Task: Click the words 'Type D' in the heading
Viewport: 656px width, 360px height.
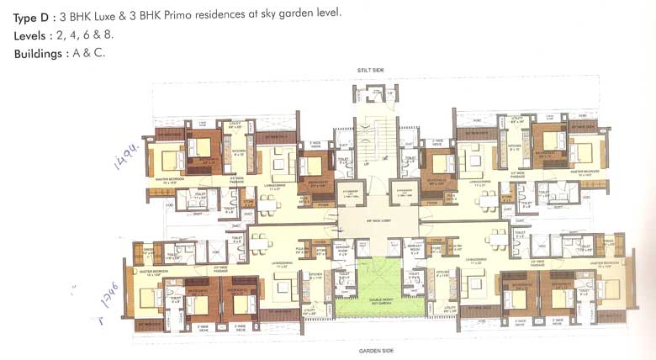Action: (31, 18)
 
